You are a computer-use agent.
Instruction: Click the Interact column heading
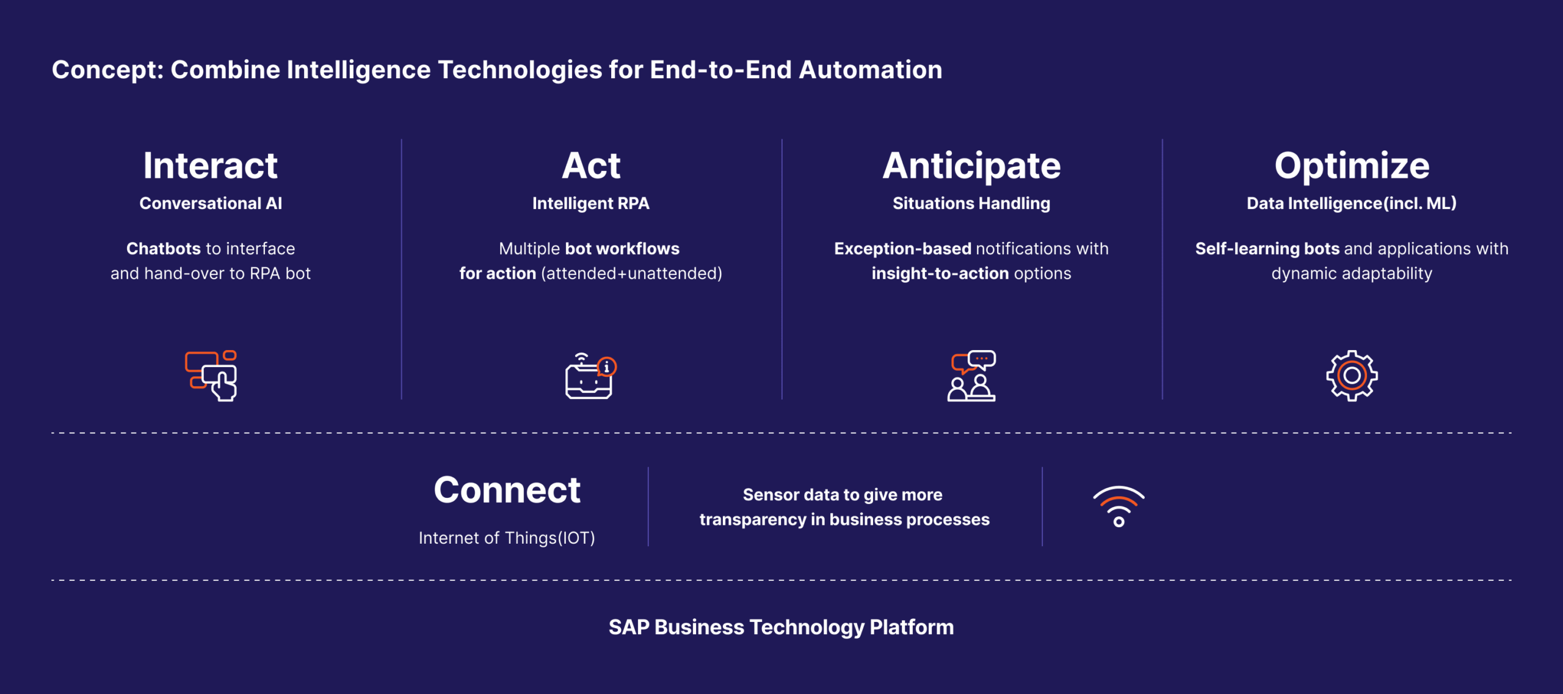click(211, 166)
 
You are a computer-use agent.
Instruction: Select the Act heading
click(591, 166)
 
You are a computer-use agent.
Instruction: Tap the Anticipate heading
click(971, 166)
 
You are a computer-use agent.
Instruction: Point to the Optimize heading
click(1352, 166)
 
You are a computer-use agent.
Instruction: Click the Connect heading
click(507, 490)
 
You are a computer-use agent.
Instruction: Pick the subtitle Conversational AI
click(211, 203)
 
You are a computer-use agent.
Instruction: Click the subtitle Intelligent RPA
click(591, 203)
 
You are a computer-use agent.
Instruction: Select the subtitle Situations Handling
click(971, 203)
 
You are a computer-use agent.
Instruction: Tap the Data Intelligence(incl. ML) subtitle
click(1352, 203)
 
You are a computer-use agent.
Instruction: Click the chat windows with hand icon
click(211, 376)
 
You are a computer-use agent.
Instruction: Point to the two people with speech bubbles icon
click(971, 376)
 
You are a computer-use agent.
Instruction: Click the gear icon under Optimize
click(1352, 376)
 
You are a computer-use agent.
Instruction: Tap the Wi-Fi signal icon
click(1119, 506)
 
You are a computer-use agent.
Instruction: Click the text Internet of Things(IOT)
click(507, 538)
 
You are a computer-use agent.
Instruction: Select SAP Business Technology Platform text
click(781, 627)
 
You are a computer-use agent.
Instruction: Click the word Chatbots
click(163, 249)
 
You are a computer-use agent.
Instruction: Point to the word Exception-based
click(902, 249)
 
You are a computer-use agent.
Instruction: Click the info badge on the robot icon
click(607, 367)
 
